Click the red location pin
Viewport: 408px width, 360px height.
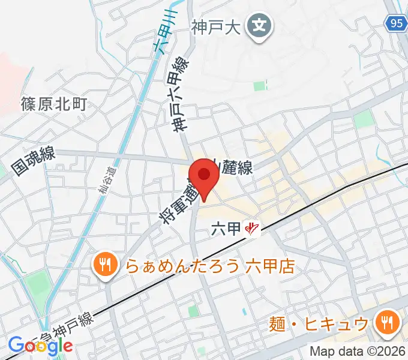pyautogui.click(x=205, y=175)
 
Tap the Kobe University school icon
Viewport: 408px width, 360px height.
pyautogui.click(x=259, y=26)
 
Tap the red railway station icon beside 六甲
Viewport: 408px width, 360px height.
pyautogui.click(x=253, y=229)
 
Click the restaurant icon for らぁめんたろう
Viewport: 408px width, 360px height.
pyautogui.click(x=104, y=265)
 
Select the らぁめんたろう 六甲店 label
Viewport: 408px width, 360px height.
pyautogui.click(x=210, y=265)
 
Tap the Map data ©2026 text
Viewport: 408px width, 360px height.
pyautogui.click(x=358, y=351)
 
